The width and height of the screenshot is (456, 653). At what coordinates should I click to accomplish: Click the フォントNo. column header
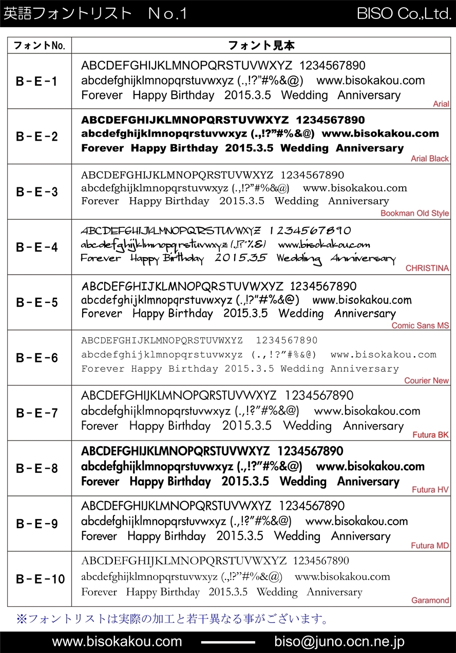pyautogui.click(x=40, y=45)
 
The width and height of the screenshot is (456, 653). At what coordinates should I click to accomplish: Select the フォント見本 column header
pyautogui.click(x=261, y=45)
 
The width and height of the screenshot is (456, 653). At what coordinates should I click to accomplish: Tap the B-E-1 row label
pyautogui.click(x=37, y=81)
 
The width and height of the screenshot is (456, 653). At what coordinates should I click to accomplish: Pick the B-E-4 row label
pyautogui.click(x=37, y=247)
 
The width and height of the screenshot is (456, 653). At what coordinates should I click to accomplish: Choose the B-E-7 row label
pyautogui.click(x=37, y=413)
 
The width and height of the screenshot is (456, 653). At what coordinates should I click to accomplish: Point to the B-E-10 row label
pyautogui.click(x=40, y=579)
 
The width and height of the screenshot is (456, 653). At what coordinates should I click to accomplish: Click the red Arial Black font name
pyautogui.click(x=430, y=159)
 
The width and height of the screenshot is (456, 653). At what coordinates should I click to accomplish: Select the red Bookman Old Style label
pyautogui.click(x=414, y=213)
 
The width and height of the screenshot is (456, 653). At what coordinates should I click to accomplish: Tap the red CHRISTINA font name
pyautogui.click(x=427, y=268)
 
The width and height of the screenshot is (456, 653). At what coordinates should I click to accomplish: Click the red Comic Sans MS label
pyautogui.click(x=420, y=325)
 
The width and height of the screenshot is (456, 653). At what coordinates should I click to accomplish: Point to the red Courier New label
pyautogui.click(x=426, y=380)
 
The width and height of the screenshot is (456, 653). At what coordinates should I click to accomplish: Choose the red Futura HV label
pyautogui.click(x=430, y=490)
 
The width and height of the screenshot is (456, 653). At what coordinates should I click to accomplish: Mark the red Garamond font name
pyautogui.click(x=430, y=600)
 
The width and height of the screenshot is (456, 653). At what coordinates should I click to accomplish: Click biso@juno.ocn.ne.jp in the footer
pyautogui.click(x=339, y=642)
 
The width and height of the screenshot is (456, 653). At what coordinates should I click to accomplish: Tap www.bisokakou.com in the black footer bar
pyautogui.click(x=117, y=642)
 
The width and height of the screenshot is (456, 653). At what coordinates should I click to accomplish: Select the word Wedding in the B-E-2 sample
pyautogui.click(x=304, y=148)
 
